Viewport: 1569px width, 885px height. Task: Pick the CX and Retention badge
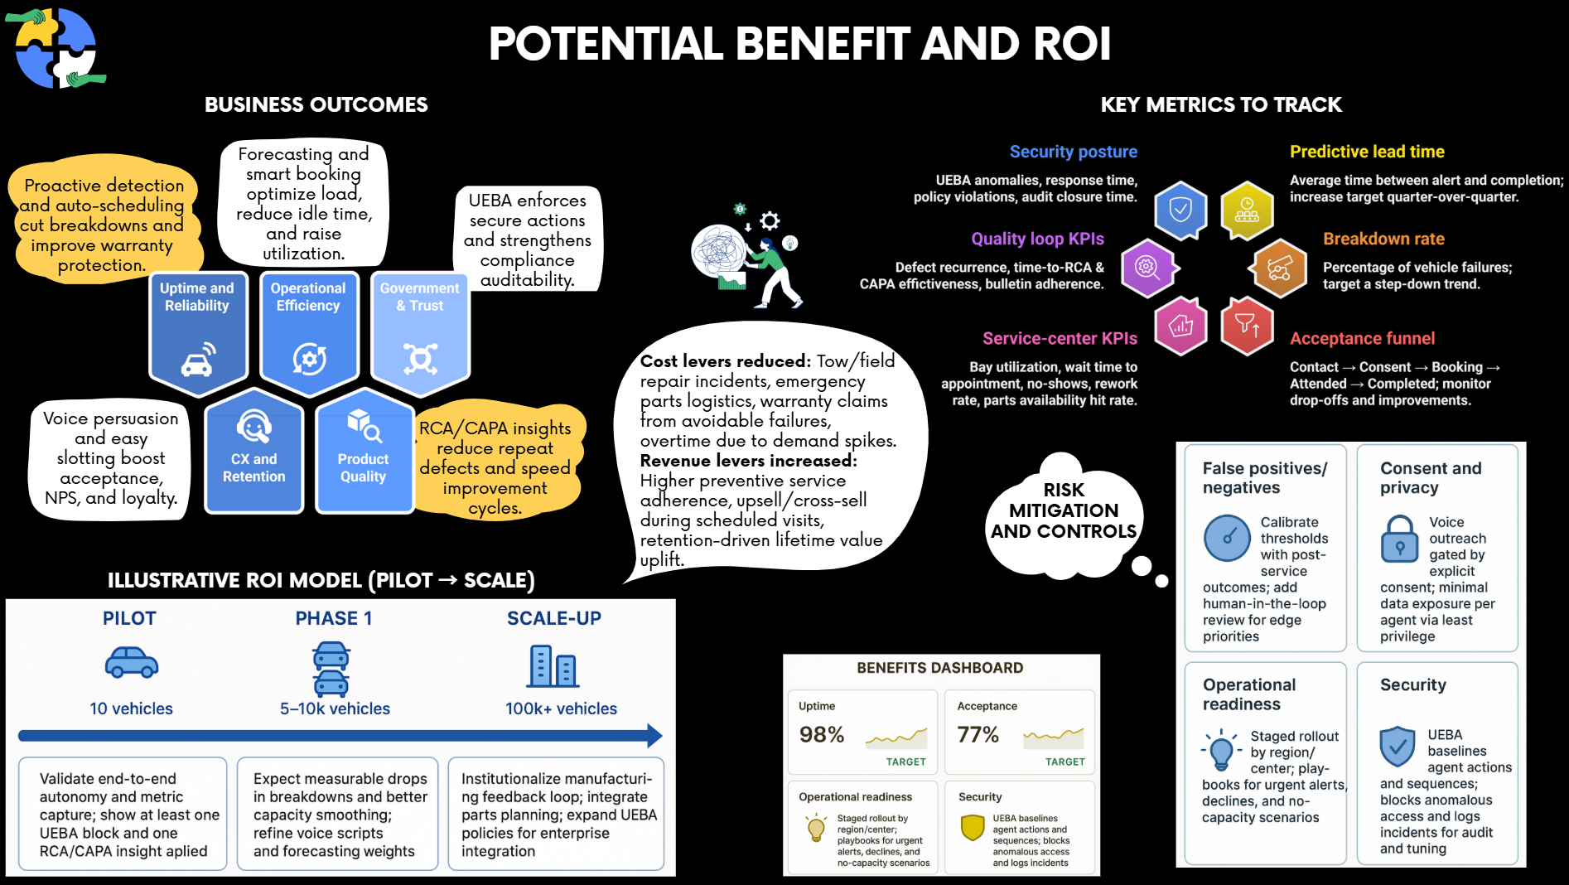[x=253, y=452]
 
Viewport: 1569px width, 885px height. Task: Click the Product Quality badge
[x=364, y=452]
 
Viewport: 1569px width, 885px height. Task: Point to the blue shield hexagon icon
[x=1180, y=210]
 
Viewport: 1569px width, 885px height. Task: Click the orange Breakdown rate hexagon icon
[x=1280, y=268]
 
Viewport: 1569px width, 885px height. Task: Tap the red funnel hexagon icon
[x=1247, y=326]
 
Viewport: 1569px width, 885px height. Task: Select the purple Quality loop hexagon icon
[x=1148, y=268]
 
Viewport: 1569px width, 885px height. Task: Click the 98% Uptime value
[x=822, y=735]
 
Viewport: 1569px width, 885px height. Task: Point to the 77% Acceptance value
[x=978, y=735]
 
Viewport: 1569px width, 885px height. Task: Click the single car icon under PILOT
[x=132, y=662]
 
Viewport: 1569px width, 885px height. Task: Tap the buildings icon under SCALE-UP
[x=553, y=666]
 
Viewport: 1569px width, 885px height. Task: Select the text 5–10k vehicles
[x=335, y=708]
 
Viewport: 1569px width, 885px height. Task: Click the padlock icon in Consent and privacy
[x=1400, y=539]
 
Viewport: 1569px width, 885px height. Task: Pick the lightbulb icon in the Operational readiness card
[x=1221, y=750]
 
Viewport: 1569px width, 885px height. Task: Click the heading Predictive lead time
[x=1367, y=152]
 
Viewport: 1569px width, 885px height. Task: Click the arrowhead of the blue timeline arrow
[x=654, y=736]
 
